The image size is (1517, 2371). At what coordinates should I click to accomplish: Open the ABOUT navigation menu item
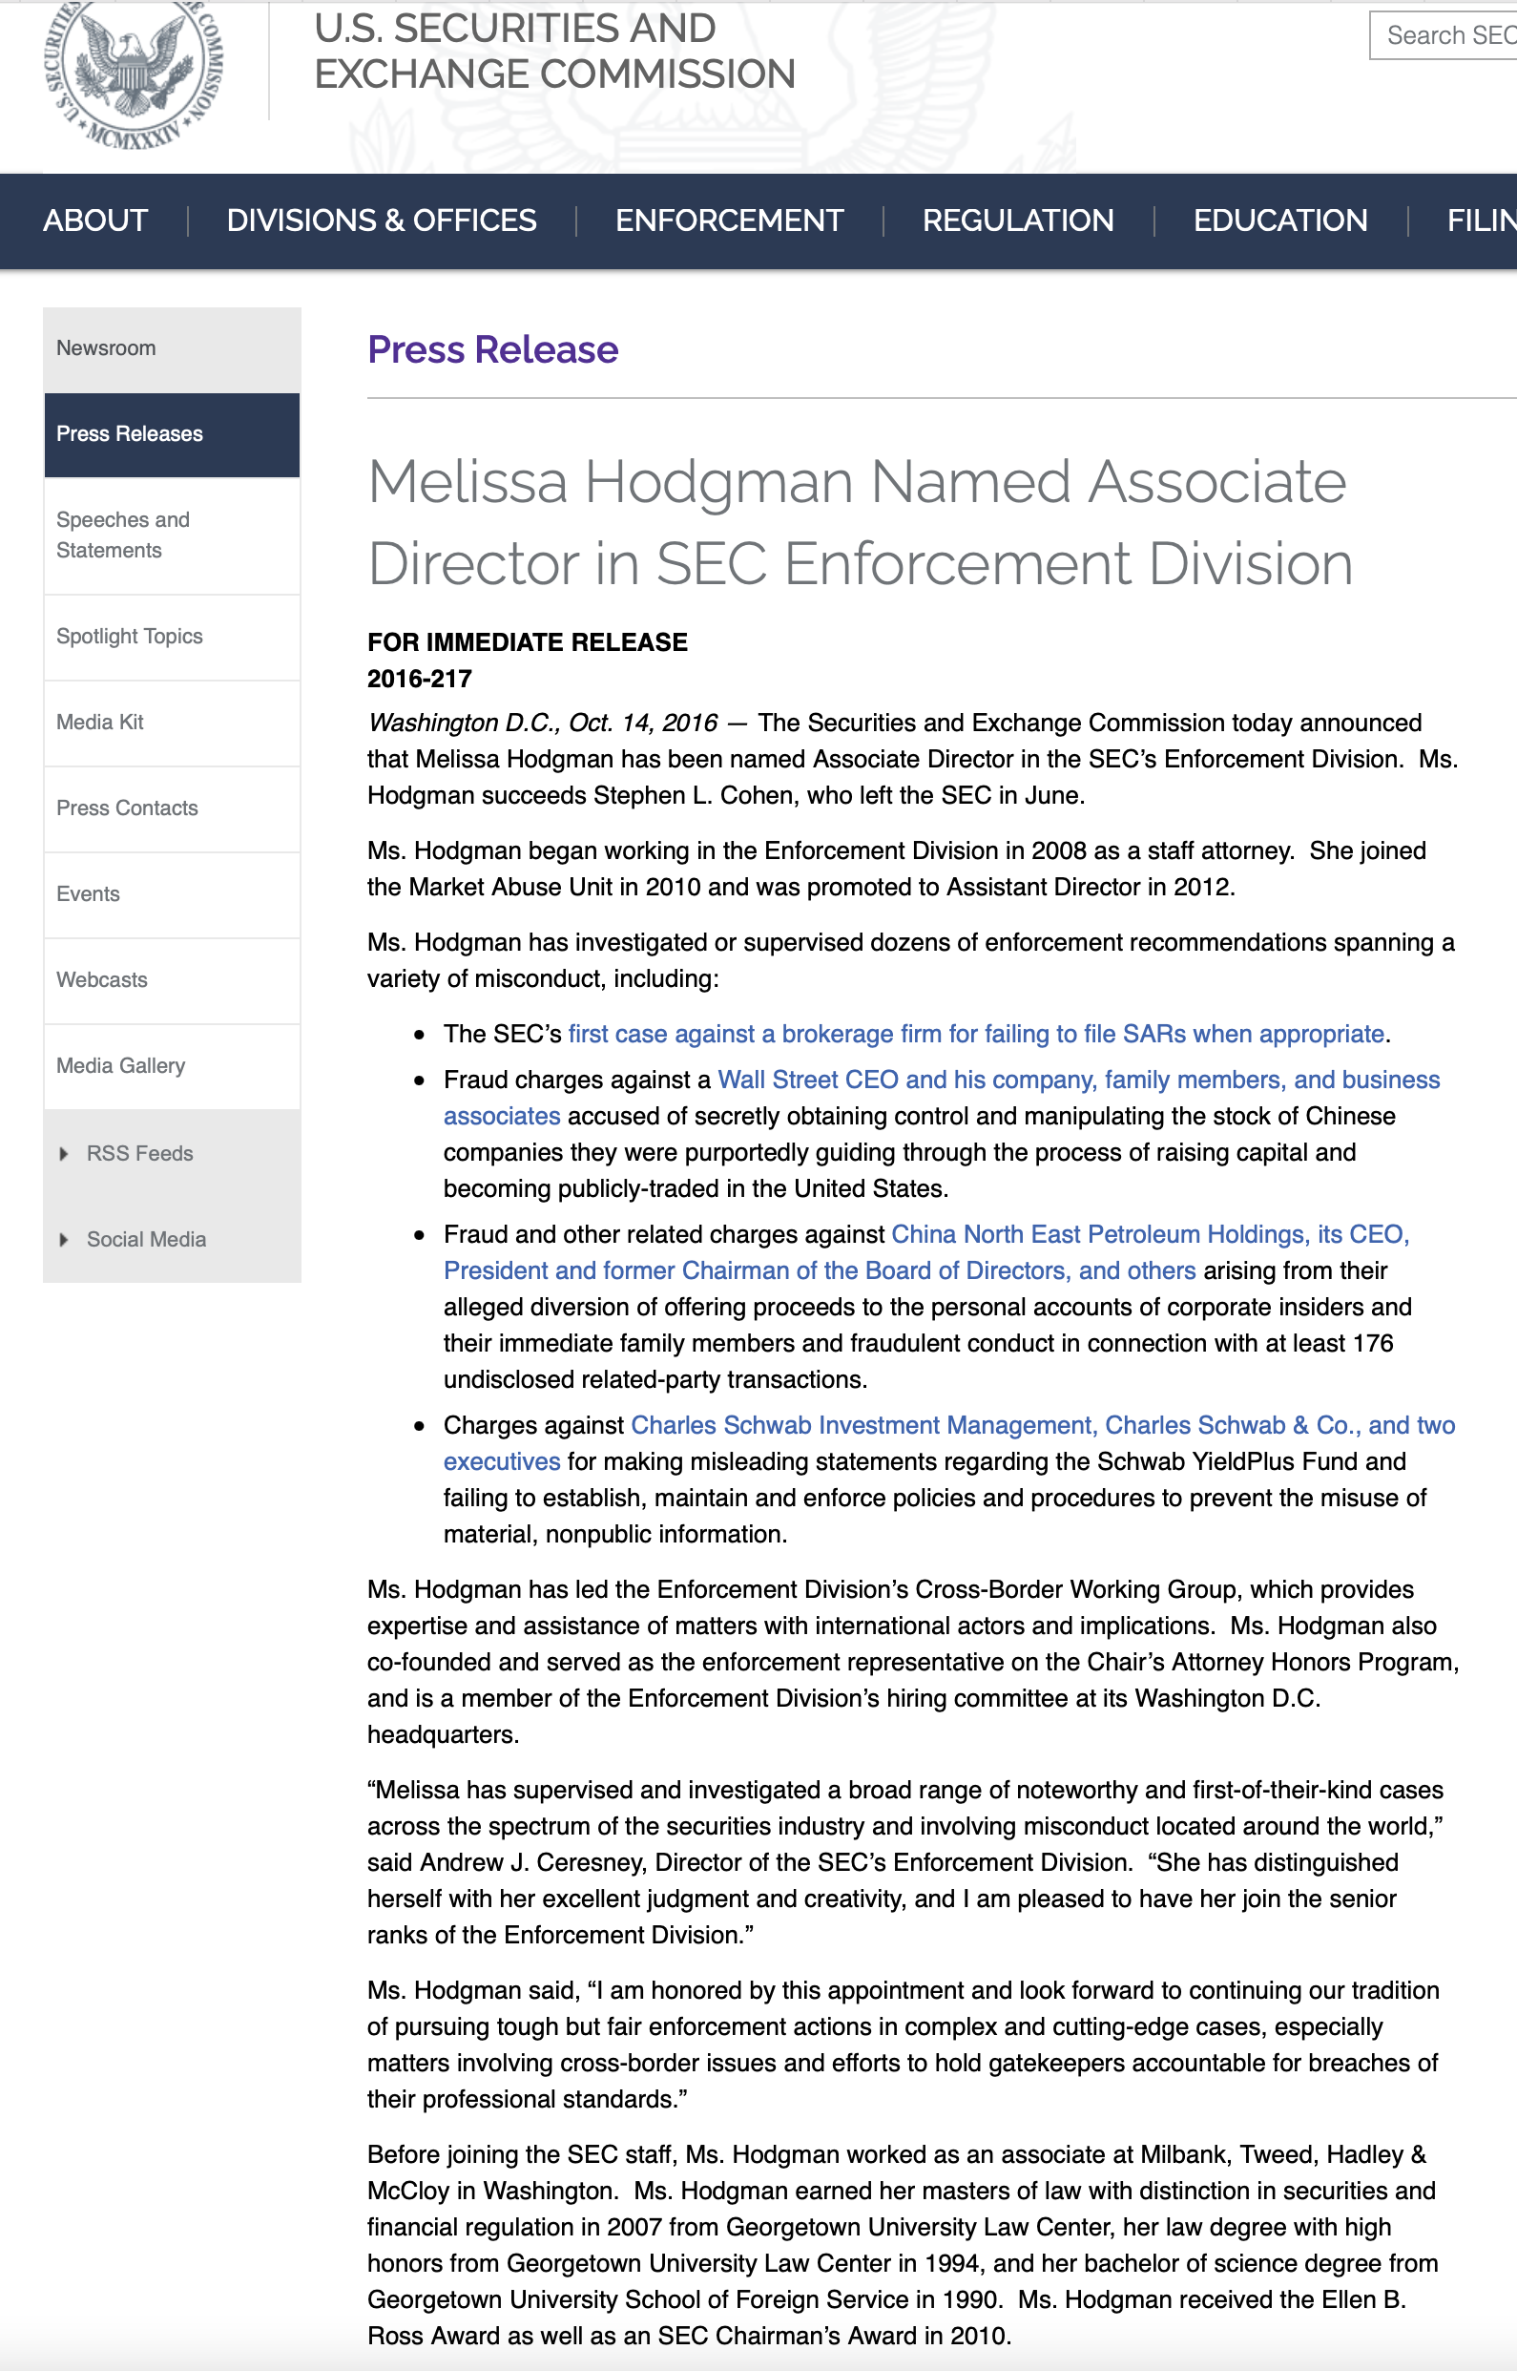click(x=95, y=220)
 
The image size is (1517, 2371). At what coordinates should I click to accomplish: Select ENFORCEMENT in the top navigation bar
click(x=729, y=220)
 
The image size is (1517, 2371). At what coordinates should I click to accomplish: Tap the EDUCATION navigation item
click(x=1279, y=220)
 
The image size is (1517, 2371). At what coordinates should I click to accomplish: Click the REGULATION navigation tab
click(x=1018, y=220)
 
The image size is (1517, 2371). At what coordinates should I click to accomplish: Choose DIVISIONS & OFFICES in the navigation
click(x=382, y=220)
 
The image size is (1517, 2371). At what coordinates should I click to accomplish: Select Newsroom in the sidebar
click(x=107, y=347)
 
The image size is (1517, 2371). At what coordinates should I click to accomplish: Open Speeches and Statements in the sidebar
click(x=123, y=535)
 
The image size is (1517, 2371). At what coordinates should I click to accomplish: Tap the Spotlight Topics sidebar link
click(x=129, y=637)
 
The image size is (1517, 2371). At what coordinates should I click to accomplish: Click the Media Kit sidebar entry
click(x=99, y=723)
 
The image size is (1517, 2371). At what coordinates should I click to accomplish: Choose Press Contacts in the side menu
click(x=127, y=808)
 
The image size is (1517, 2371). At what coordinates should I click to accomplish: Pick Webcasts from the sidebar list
click(x=101, y=979)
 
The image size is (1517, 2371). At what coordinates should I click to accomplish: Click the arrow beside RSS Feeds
click(x=64, y=1154)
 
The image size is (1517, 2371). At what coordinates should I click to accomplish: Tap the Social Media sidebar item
click(x=146, y=1240)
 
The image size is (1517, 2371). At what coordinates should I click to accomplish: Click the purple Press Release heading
click(x=492, y=350)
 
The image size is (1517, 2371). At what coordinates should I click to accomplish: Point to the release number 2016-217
click(x=420, y=679)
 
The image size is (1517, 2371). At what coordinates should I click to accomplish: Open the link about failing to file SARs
click(x=976, y=1034)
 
